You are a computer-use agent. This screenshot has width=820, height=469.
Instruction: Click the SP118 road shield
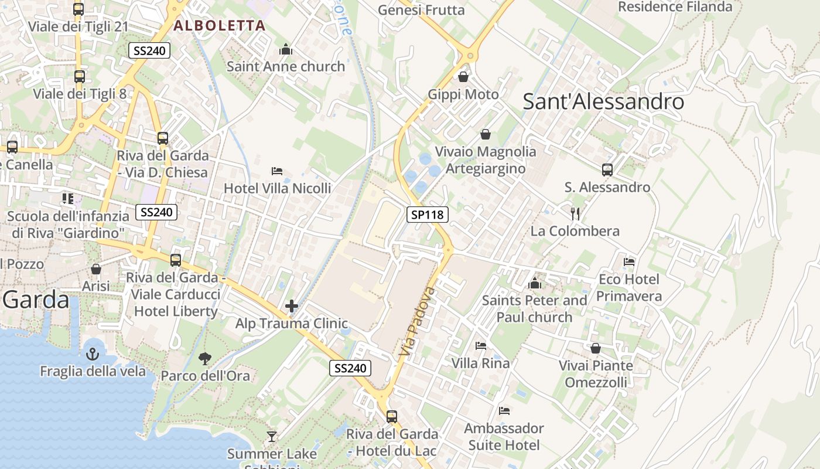(428, 215)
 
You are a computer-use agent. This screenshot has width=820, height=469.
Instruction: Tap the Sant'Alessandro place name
(603, 101)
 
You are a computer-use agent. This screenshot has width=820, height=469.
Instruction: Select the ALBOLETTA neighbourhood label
(220, 25)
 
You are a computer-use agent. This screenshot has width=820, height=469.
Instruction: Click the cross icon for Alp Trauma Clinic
(291, 306)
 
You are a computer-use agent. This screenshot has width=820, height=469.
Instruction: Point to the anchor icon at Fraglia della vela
(93, 354)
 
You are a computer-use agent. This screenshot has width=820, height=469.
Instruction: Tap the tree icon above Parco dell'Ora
(205, 358)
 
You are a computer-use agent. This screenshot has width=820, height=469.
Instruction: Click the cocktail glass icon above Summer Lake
(272, 436)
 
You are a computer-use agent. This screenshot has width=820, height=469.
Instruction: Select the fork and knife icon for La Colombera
(575, 213)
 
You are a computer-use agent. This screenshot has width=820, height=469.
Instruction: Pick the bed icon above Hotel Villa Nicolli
(277, 171)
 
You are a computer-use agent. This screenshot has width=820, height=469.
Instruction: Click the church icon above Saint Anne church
(286, 49)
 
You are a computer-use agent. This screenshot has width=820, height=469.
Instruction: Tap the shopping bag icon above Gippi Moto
(463, 77)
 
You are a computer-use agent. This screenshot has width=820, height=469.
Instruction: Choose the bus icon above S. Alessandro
(607, 170)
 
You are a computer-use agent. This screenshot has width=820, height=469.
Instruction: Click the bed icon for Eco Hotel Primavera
(629, 261)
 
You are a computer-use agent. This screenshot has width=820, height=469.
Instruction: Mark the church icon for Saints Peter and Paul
(534, 284)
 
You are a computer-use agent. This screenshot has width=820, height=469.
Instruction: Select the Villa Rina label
(480, 363)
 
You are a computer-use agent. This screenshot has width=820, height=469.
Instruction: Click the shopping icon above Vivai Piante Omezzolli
(596, 348)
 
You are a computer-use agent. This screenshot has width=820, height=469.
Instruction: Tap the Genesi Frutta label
(421, 10)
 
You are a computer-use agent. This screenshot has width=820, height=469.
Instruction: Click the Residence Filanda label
(675, 7)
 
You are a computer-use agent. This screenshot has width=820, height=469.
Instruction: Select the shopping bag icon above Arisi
(96, 269)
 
